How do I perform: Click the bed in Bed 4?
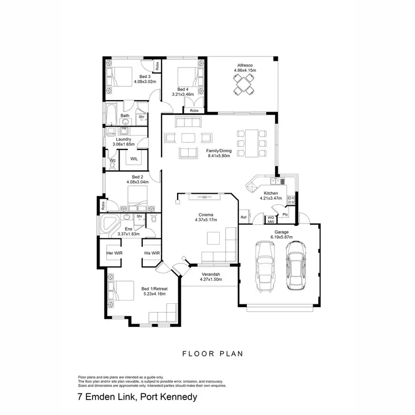click(188, 77)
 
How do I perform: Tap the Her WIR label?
click(114, 253)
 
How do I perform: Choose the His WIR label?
click(152, 253)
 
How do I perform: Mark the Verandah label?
click(210, 274)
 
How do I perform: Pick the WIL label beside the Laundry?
click(134, 159)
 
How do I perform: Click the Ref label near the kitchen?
click(243, 217)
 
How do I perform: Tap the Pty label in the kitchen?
click(286, 214)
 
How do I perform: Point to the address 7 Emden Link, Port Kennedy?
click(137, 397)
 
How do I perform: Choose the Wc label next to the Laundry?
click(112, 160)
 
